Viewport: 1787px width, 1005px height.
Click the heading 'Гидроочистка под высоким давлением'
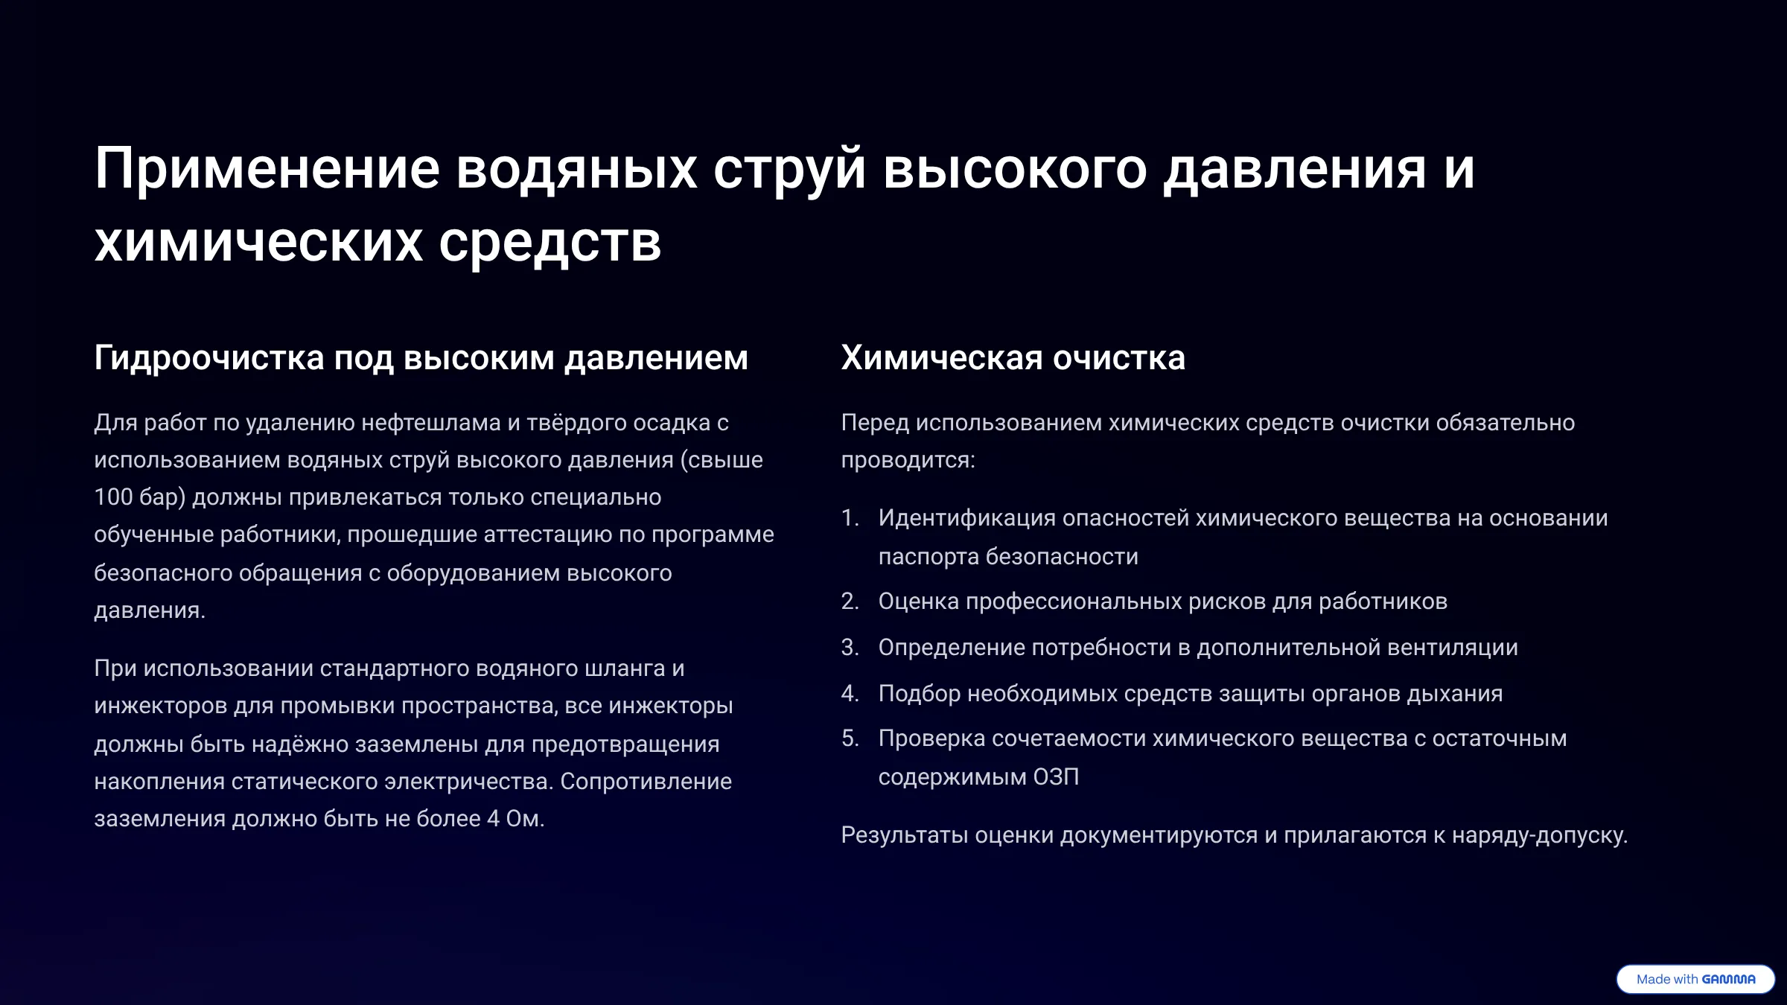[x=421, y=359]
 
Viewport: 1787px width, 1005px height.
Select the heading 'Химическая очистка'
[x=1013, y=358]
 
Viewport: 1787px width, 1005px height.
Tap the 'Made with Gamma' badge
[x=1695, y=979]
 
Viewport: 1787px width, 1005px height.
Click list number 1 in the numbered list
[x=850, y=517]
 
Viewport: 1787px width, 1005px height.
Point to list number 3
[x=850, y=647]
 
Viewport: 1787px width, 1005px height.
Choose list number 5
[x=850, y=738]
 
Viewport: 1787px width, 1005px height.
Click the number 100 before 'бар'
[x=113, y=497]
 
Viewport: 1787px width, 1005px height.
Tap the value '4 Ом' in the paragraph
[x=514, y=818]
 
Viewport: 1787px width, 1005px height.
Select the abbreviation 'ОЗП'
[x=1056, y=776]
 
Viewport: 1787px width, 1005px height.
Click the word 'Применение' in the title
[x=267, y=170]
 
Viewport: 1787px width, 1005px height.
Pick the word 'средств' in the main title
[x=550, y=243]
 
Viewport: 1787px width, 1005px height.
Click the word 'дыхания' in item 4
[x=1457, y=694]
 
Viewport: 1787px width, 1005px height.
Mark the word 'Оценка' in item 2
[x=919, y=601]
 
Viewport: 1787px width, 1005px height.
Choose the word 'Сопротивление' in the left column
[x=646, y=782]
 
